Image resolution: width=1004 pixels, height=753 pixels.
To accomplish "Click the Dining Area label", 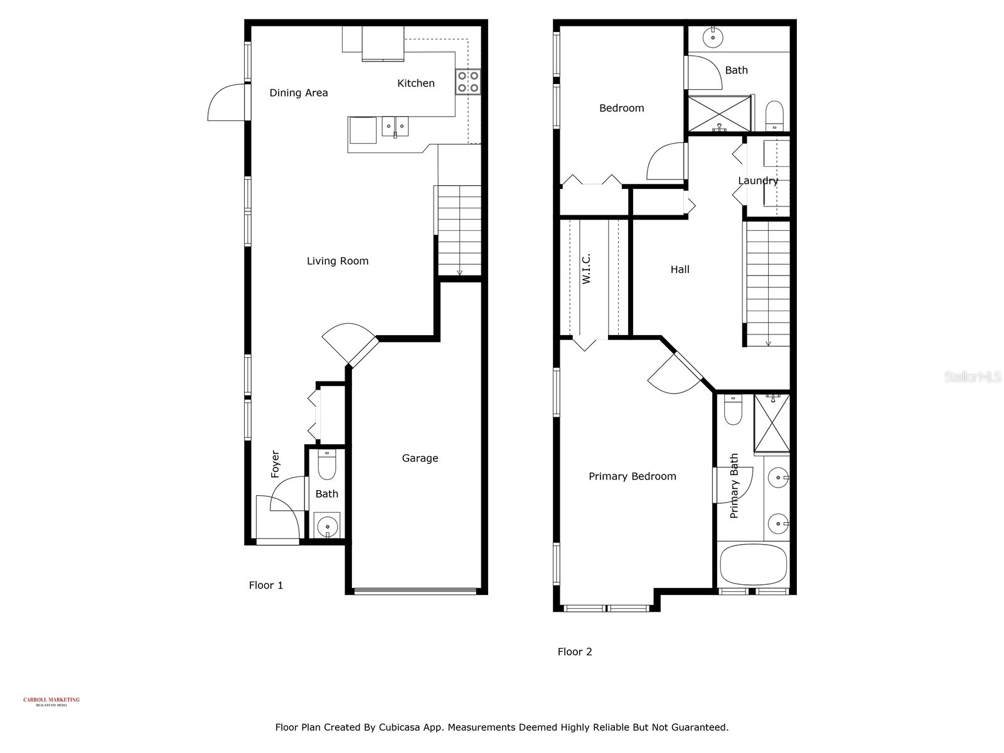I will (x=299, y=93).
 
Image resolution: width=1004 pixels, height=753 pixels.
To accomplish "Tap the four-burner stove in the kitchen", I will (x=467, y=82).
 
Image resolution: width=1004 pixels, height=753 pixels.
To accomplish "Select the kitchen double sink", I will (x=395, y=126).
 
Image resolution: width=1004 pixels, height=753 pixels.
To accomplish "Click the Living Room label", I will (x=338, y=261).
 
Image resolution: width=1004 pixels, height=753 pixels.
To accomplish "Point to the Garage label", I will (x=420, y=458).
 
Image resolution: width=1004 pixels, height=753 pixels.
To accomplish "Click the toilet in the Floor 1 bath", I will (x=327, y=464).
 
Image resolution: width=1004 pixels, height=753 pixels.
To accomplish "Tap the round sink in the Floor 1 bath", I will (x=326, y=525).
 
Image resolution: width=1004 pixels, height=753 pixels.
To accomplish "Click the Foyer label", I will (x=275, y=464).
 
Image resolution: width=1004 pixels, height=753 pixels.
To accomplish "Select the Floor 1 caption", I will (x=266, y=585).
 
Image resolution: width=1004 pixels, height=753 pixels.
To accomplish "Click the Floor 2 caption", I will (x=575, y=652).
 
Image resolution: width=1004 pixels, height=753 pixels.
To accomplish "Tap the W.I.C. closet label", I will (x=587, y=269).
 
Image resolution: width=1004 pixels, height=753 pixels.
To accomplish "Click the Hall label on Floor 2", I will (x=680, y=269).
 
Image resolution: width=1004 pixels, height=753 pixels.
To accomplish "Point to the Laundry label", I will (x=758, y=181).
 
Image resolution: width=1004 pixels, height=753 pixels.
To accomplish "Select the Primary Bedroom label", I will (x=633, y=476).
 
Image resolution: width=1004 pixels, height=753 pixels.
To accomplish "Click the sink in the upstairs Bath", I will (x=713, y=37).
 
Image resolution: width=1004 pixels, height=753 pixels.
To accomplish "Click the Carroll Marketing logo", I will (x=51, y=702).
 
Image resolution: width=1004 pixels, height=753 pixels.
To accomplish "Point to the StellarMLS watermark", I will (x=973, y=376).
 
